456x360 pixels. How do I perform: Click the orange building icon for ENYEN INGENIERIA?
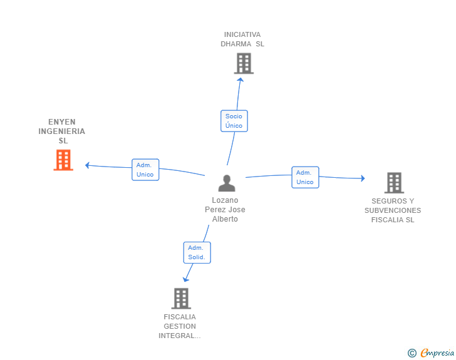[x=63, y=160]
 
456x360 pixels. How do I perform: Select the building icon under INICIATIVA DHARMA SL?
[x=244, y=63]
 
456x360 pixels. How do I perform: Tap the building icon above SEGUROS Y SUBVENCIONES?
[x=394, y=183]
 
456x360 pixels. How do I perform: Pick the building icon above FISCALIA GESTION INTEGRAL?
[x=181, y=299]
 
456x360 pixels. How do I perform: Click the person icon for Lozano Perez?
[x=227, y=183]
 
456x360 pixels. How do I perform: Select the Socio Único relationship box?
[x=234, y=121]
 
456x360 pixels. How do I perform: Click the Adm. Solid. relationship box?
[x=197, y=253]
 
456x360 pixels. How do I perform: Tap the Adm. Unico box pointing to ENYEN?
[x=145, y=170]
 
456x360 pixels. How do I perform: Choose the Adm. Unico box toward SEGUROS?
[x=305, y=177]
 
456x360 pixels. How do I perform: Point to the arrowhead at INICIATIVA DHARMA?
[x=241, y=80]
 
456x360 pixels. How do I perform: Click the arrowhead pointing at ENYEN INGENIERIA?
[x=86, y=165]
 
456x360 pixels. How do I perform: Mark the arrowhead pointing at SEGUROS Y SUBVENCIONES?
[x=363, y=178]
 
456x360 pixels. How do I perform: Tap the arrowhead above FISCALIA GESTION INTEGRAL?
[x=185, y=279]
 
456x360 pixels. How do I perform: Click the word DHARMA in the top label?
[x=236, y=44]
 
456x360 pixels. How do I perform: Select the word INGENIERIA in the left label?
[x=61, y=131]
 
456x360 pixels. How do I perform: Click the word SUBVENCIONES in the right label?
[x=393, y=210]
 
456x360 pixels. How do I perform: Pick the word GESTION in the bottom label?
[x=180, y=326]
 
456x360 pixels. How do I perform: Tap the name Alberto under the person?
[x=225, y=219]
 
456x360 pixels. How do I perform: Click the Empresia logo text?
[x=437, y=353]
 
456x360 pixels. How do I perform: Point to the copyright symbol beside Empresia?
[x=412, y=353]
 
